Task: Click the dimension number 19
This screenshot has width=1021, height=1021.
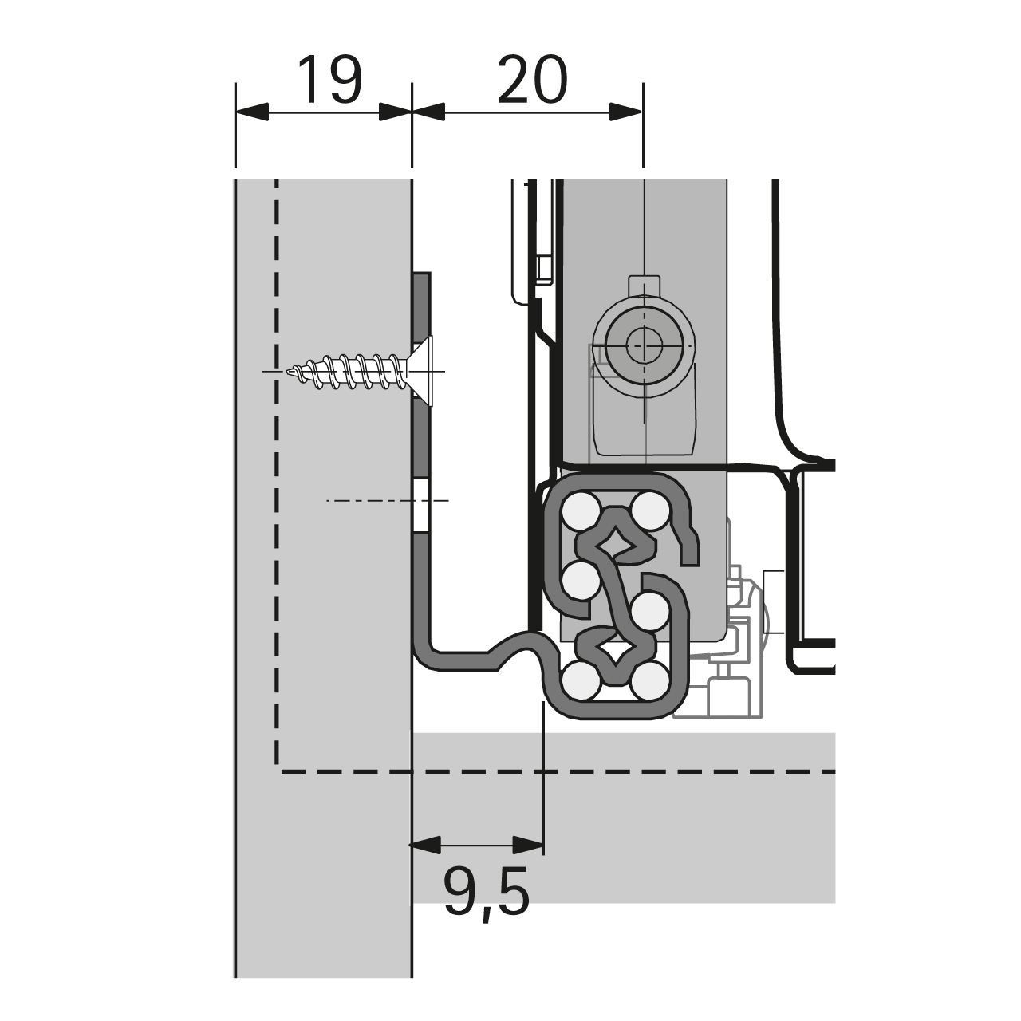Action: [x=330, y=80]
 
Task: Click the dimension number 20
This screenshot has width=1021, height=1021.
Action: [x=533, y=80]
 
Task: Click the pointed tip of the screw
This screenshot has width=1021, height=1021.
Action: [x=287, y=372]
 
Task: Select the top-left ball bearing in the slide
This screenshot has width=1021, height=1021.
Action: [x=581, y=512]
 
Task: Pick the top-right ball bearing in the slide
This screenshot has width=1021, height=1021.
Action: [x=651, y=512]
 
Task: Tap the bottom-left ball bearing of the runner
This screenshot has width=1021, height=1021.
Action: [x=581, y=681]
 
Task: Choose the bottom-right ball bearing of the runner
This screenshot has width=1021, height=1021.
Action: [x=651, y=681]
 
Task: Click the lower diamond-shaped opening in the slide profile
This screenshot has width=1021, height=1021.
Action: [x=616, y=649]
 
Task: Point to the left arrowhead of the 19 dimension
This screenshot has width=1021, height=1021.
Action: [x=252, y=112]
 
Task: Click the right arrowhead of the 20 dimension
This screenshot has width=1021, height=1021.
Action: [x=625, y=112]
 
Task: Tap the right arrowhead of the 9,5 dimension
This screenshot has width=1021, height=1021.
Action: [x=528, y=845]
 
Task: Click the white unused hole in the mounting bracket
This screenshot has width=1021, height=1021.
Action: [x=422, y=507]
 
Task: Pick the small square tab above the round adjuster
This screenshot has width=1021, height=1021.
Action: [x=645, y=288]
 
